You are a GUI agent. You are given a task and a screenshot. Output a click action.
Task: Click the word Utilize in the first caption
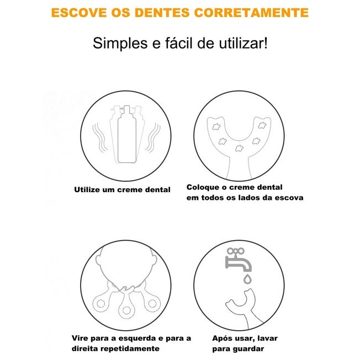(x=89, y=189)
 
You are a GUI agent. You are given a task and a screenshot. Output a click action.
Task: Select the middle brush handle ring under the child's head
(x=126, y=307)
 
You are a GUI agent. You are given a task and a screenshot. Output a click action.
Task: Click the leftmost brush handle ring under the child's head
(x=102, y=302)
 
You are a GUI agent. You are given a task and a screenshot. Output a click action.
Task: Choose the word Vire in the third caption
(x=80, y=338)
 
